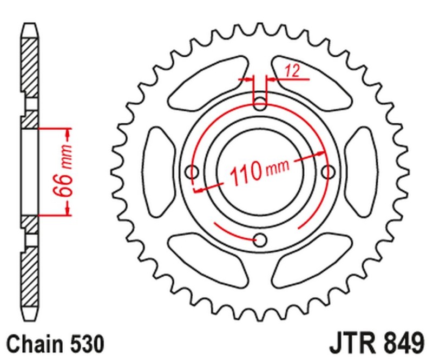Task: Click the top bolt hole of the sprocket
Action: (260, 103)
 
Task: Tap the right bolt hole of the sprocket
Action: (327, 172)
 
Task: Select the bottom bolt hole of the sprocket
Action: (260, 239)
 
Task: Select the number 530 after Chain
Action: (83, 344)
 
